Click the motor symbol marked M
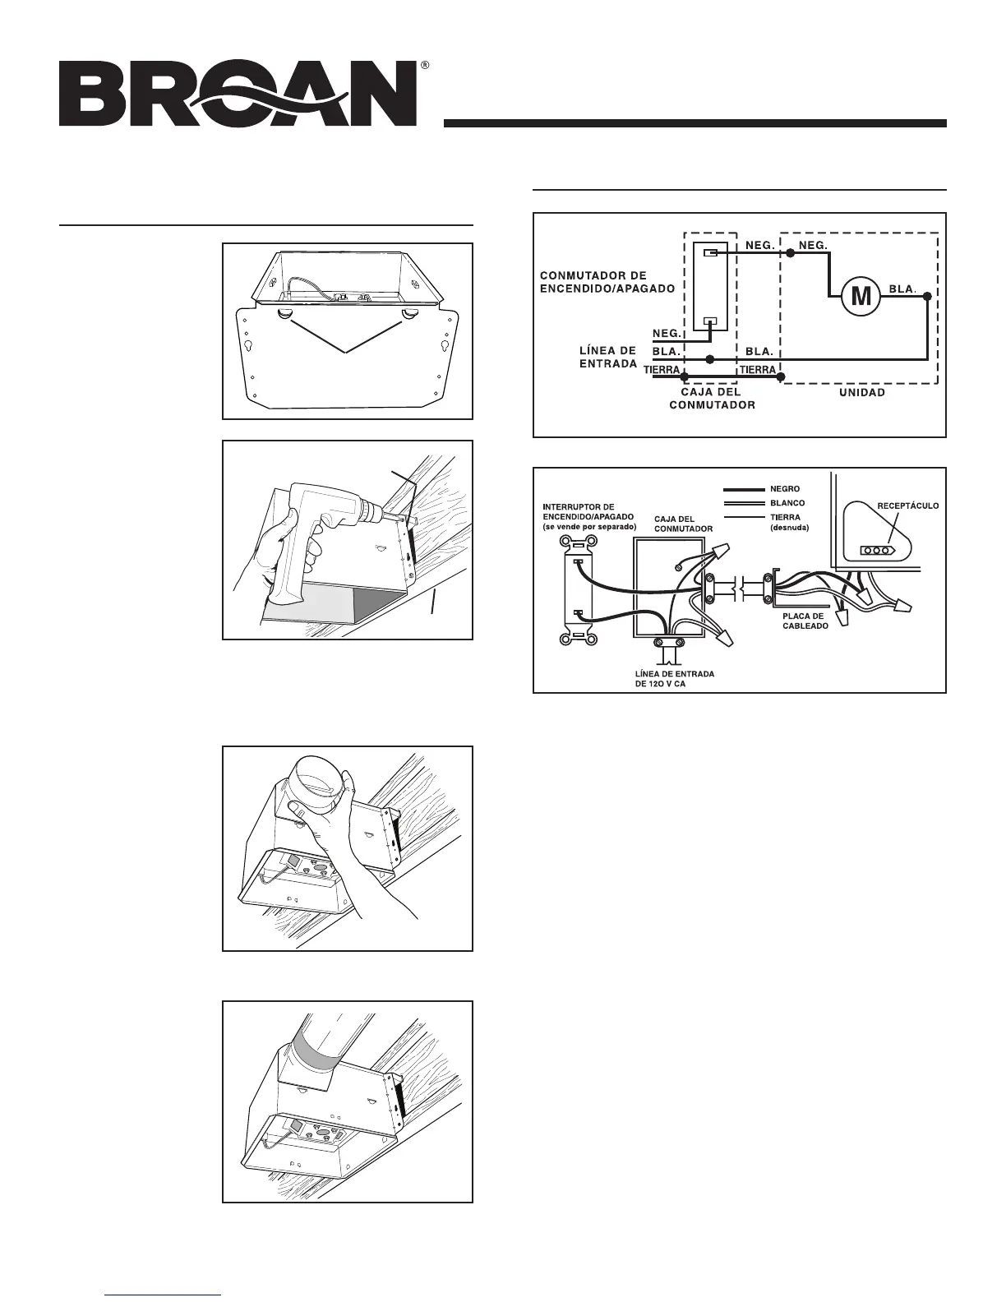pos(860,296)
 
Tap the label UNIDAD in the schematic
pos(861,393)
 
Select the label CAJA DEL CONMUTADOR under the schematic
pos(712,399)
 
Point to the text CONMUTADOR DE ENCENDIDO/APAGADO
pos(605,282)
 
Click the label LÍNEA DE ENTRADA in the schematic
pos(608,357)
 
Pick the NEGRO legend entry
pos(784,489)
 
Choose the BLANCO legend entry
pos(787,503)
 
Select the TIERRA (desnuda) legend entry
pos(787,523)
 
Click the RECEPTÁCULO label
pos(907,506)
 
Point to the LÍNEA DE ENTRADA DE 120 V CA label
pos(674,679)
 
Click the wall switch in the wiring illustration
pos(576,588)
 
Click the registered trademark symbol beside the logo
pos(424,64)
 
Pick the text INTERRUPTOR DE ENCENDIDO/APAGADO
pos(589,516)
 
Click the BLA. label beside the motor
pos(902,289)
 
